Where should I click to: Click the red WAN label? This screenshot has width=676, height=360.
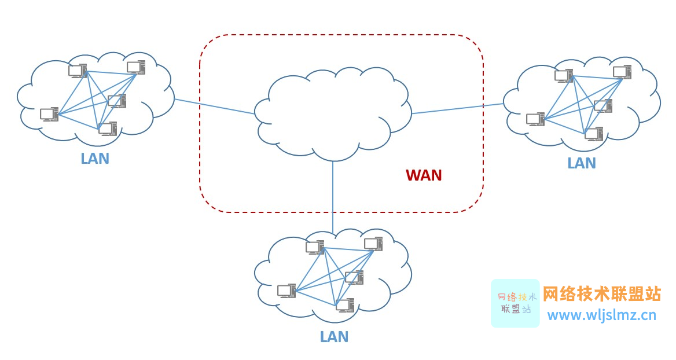click(424, 175)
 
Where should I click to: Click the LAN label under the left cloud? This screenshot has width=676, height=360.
click(95, 159)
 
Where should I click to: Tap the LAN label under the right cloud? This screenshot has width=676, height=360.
click(582, 163)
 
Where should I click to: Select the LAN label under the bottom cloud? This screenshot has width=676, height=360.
click(334, 337)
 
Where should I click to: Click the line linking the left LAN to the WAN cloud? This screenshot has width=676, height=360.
click(214, 106)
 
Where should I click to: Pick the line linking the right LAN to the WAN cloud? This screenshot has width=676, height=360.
click(457, 109)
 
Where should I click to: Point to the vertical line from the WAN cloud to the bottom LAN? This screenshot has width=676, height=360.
click(333, 191)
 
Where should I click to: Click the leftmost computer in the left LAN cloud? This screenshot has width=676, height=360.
click(49, 115)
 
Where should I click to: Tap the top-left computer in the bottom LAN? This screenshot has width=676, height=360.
click(315, 248)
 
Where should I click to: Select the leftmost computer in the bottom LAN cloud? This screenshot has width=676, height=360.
click(286, 291)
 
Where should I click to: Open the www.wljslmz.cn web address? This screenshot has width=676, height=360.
click(602, 315)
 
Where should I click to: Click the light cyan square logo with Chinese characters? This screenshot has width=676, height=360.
click(515, 303)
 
